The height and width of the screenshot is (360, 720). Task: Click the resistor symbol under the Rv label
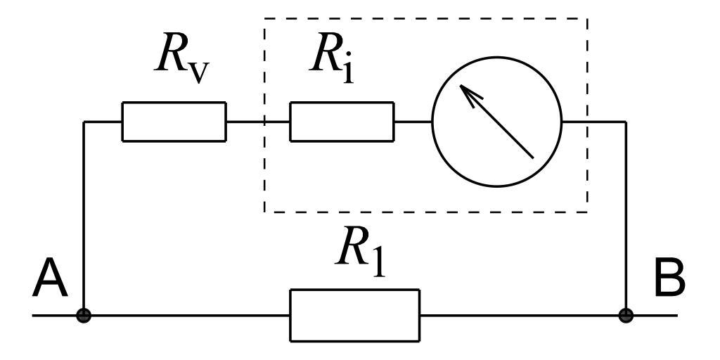pos(174,122)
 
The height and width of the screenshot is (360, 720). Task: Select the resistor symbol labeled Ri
pos(342,122)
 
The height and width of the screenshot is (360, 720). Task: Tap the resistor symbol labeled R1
pos(354,315)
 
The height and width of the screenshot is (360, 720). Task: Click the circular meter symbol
pos(496,122)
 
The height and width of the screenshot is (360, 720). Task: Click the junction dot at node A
pos(84,315)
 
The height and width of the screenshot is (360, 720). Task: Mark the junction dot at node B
pos(625,315)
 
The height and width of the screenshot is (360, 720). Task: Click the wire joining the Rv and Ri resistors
pos(257,122)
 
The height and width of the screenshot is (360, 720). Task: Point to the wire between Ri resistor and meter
pos(413,122)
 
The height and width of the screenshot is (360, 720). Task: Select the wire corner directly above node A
pos(84,122)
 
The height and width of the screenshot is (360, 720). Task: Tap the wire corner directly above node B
pos(625,122)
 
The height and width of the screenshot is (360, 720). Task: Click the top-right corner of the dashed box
pos(587,19)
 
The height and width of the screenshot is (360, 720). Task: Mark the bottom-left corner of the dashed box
pos(264,211)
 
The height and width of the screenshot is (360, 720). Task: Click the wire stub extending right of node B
pos(654,315)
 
